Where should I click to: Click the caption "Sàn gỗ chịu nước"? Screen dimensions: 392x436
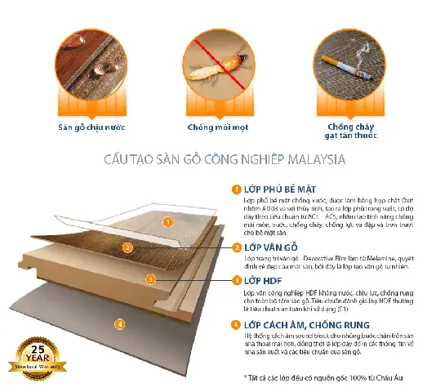click(89, 127)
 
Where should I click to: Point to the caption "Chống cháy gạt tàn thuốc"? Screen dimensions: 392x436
click(342, 131)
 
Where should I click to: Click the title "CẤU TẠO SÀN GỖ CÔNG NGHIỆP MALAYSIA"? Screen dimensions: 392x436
click(219, 160)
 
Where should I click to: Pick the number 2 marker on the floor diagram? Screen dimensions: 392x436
click(127, 247)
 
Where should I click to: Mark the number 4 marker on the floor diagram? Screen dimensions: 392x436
click(120, 324)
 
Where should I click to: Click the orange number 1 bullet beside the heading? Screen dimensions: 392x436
click(236, 189)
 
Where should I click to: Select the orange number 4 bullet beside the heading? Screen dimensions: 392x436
click(236, 324)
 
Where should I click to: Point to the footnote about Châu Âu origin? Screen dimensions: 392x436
click(323, 377)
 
